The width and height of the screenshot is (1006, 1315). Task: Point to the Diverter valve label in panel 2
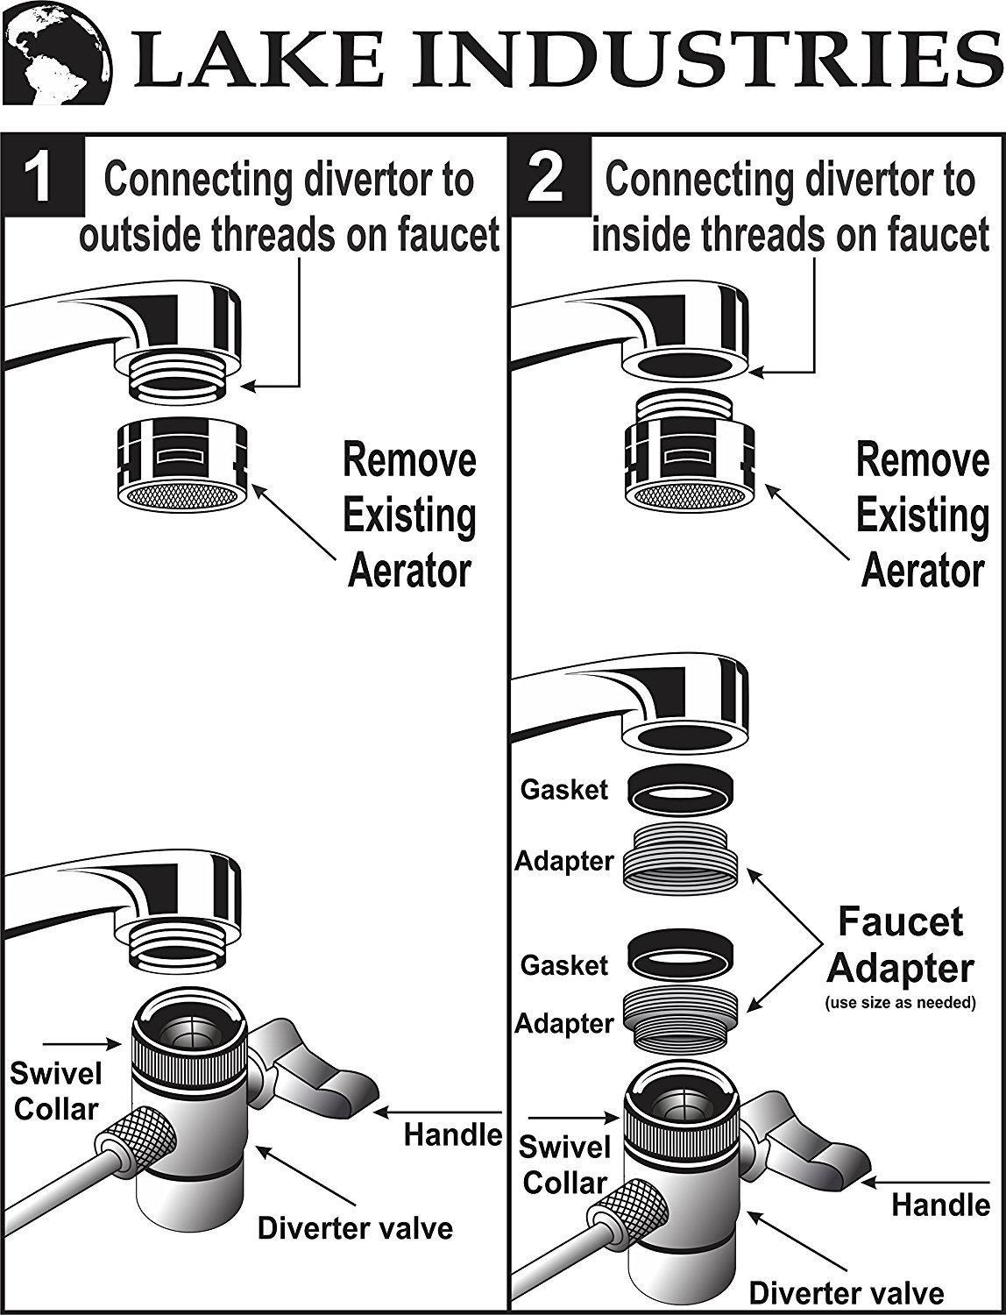click(846, 1290)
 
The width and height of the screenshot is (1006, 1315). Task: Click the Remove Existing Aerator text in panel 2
click(922, 515)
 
